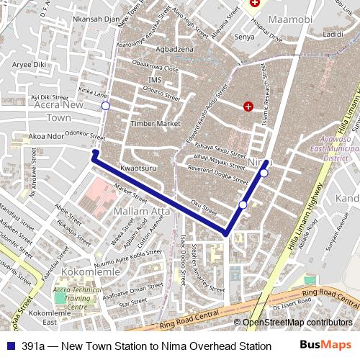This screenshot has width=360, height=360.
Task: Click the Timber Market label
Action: (x=155, y=124)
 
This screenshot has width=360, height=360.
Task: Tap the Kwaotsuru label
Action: (x=139, y=167)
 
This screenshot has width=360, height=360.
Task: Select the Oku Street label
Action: (x=203, y=207)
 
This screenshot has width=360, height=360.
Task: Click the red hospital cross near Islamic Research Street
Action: (x=248, y=107)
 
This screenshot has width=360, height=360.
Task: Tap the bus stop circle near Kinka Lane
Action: (x=106, y=106)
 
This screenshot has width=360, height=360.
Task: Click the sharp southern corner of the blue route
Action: (x=226, y=234)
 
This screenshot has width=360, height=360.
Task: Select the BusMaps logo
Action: (x=325, y=346)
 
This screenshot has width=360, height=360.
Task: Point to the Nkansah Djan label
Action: (x=96, y=19)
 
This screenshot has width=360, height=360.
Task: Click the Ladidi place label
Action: (x=333, y=34)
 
